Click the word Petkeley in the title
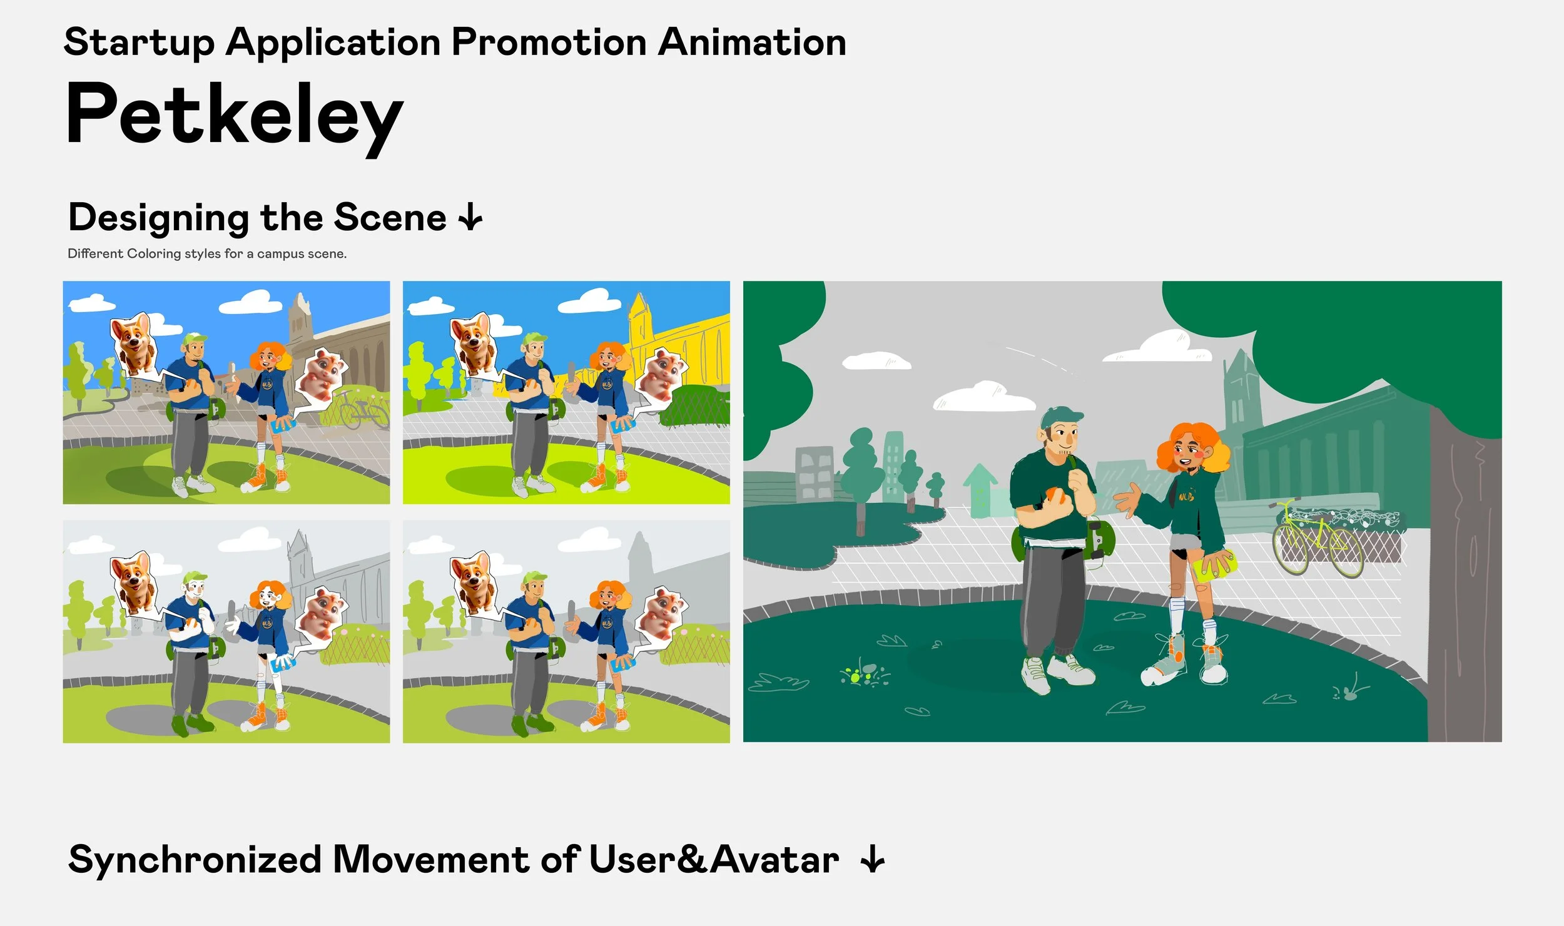coord(234,116)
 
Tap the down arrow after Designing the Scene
coord(470,218)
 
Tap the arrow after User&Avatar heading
coord(872,860)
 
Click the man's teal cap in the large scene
coord(1062,417)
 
